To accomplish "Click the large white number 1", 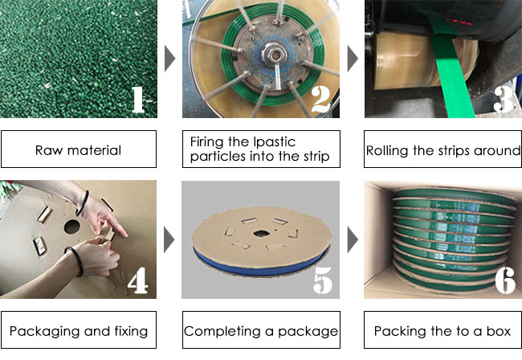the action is point(138,100).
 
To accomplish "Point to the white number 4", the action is point(138,280).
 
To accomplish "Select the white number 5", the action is point(323,280).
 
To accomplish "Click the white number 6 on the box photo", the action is point(505,280).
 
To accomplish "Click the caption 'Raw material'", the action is point(78,150).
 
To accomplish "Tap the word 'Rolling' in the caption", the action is point(388,151).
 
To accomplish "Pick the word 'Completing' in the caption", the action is point(222,332).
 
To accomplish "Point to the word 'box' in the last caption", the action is point(499,331).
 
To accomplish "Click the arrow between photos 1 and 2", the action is point(169,59).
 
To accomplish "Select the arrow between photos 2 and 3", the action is point(353,59).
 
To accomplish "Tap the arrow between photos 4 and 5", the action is point(169,239).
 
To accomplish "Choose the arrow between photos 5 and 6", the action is point(353,239).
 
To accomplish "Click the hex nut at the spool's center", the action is point(275,53).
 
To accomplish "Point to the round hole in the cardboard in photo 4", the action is point(72,227).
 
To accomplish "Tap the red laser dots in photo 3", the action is point(459,22).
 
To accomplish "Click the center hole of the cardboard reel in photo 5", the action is point(261,233).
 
